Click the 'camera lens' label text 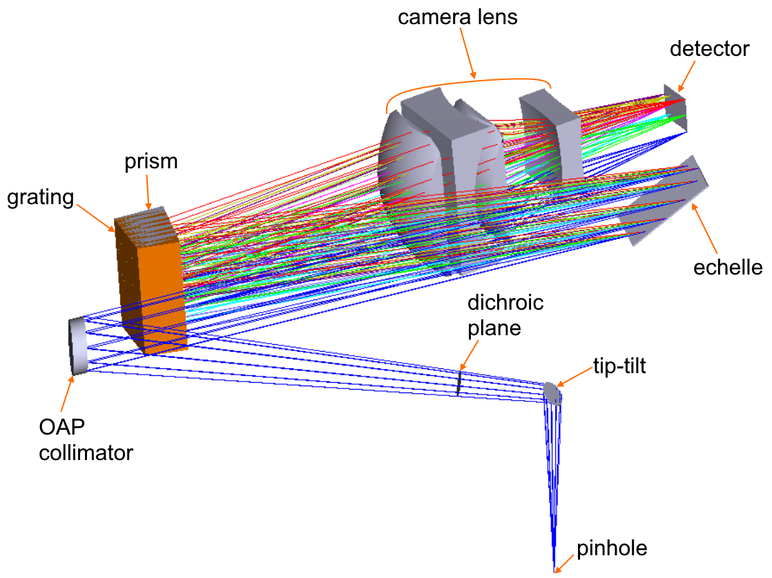[457, 17]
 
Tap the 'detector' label [709, 49]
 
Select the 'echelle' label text [728, 267]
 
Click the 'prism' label [151, 162]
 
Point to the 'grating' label [39, 197]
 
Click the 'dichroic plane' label [505, 315]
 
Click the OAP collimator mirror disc [77, 346]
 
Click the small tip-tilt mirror [553, 392]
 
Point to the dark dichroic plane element [459, 383]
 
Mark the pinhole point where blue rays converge [554, 570]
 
